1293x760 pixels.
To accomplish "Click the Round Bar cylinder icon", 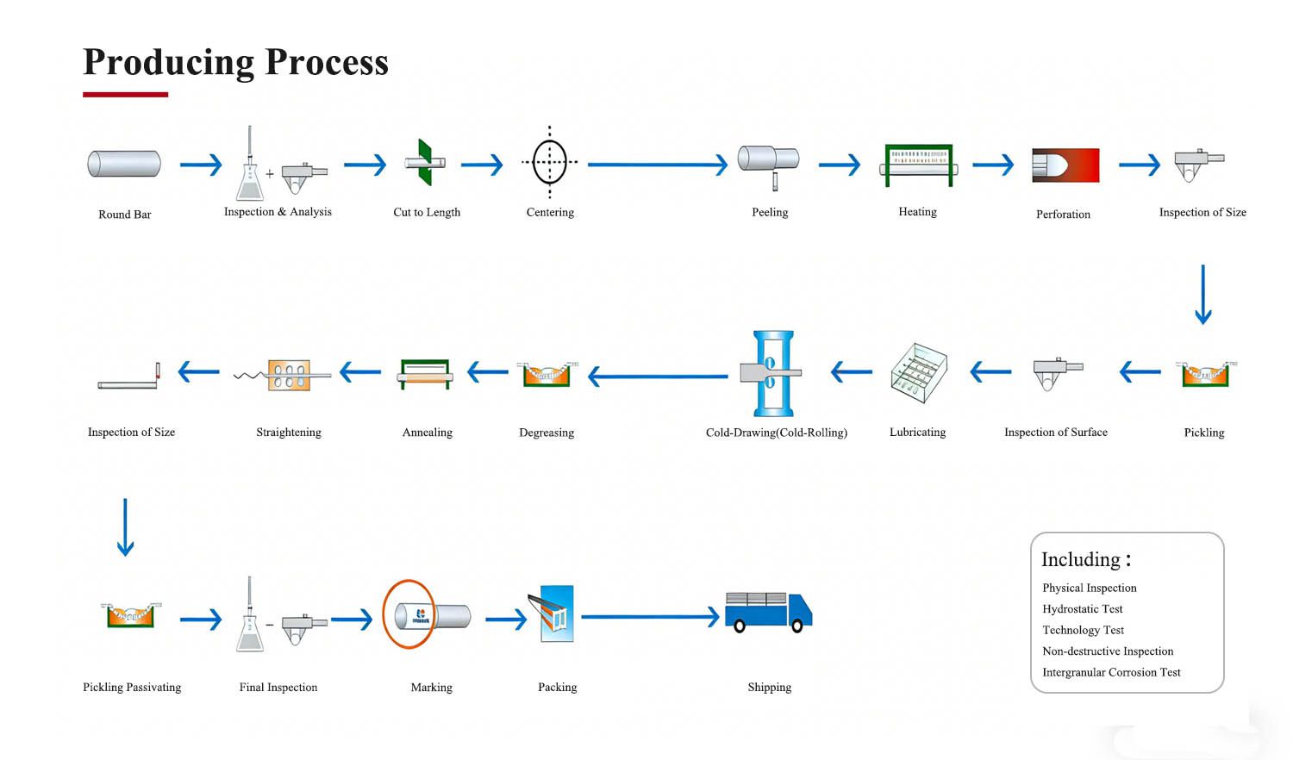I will [x=124, y=164].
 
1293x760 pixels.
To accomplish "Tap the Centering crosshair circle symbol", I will [x=549, y=162].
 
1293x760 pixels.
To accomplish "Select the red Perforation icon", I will [x=1065, y=165].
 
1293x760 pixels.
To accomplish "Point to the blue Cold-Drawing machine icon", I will [x=772, y=373].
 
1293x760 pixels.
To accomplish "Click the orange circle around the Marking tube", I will [x=409, y=614].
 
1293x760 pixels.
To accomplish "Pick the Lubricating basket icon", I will [x=918, y=373].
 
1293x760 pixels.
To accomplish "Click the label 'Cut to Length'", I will [x=427, y=212].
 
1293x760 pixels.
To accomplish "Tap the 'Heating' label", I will [x=917, y=212].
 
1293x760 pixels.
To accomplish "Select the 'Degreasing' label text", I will [x=547, y=433].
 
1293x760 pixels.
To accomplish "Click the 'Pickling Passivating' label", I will [x=132, y=687].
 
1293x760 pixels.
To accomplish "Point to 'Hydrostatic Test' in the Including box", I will [x=1083, y=609].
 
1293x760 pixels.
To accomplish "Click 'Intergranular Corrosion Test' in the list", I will [x=1111, y=672].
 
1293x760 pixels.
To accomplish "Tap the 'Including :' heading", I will [x=1085, y=559].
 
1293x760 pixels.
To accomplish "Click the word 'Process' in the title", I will [x=327, y=62].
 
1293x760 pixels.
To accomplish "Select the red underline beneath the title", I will [x=125, y=95].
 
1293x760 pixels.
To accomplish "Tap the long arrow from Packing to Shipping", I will [x=650, y=616].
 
